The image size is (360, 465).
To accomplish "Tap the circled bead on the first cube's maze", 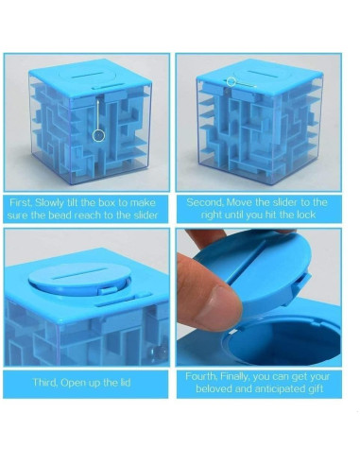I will (x=97, y=135).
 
